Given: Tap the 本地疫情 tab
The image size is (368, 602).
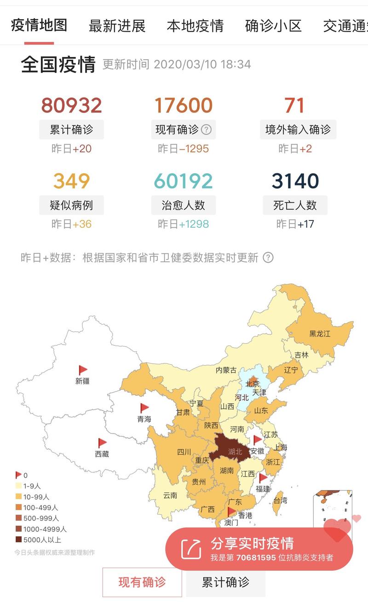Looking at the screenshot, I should (x=195, y=26).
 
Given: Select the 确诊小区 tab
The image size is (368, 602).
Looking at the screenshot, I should (x=273, y=26).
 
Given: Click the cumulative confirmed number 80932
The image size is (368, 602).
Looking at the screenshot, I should (x=71, y=106).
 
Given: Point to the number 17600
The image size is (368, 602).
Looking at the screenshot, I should (x=183, y=106).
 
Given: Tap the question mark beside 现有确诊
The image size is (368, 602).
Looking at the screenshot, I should (x=206, y=130).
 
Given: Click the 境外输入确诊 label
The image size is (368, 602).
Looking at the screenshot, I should (x=298, y=130).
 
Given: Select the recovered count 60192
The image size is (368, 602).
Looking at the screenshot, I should (x=183, y=181).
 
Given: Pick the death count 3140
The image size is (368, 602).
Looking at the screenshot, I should (x=295, y=181).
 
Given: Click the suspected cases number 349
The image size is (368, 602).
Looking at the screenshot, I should (x=71, y=181).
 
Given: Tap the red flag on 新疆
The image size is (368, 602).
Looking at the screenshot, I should (x=83, y=370).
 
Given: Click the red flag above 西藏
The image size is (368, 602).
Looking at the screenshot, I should (x=102, y=443).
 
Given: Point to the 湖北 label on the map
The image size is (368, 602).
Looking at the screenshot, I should (x=235, y=452).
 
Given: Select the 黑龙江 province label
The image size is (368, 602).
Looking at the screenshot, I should (x=319, y=334).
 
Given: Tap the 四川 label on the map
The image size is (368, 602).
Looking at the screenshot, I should (x=184, y=452).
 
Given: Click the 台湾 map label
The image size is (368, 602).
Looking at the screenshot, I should (x=280, y=501).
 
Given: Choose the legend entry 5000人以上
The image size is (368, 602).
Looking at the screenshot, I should (x=41, y=540).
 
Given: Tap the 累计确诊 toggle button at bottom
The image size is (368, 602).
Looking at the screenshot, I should (x=225, y=583).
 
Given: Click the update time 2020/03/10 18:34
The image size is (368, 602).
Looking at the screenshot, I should (x=202, y=64).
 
